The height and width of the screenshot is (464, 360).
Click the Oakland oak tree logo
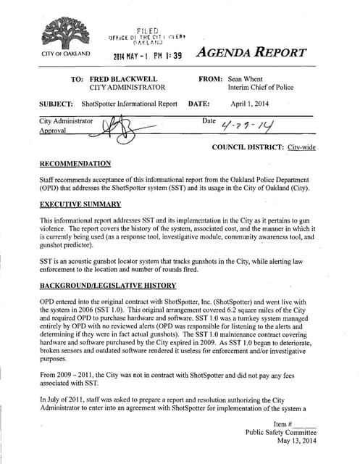[64, 33]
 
